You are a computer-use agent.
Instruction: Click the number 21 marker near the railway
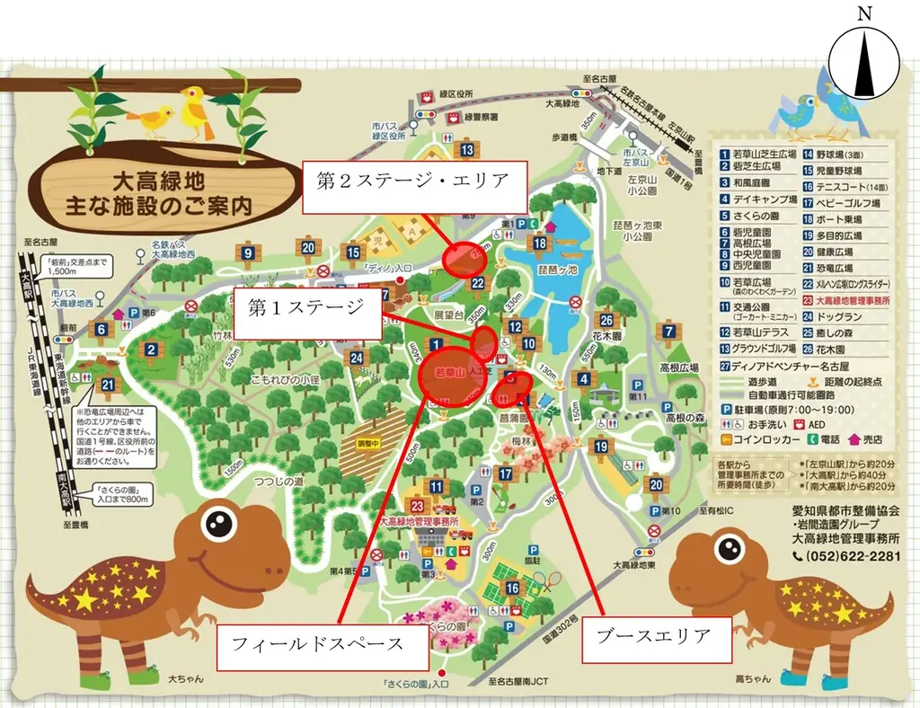click(x=109, y=386)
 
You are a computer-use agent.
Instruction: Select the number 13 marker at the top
click(x=467, y=150)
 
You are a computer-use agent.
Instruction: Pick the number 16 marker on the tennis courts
click(x=513, y=589)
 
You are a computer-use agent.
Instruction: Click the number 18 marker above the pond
click(x=540, y=243)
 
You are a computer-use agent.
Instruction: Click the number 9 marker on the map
click(x=248, y=255)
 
